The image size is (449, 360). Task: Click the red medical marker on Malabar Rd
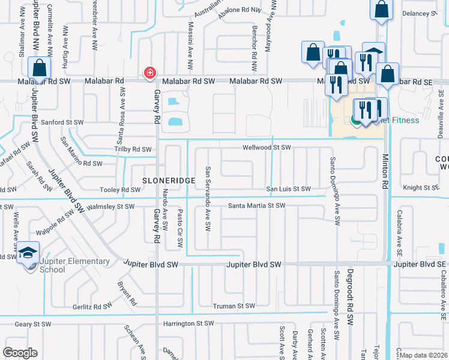(148, 73)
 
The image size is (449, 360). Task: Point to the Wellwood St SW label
(267, 148)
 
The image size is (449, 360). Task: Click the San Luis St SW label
(289, 189)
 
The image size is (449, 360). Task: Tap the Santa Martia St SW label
(256, 206)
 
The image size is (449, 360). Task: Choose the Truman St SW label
(234, 306)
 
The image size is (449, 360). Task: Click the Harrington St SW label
(188, 323)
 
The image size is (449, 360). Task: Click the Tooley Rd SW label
(122, 190)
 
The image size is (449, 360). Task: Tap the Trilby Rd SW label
(133, 149)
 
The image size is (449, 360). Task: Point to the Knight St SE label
(421, 188)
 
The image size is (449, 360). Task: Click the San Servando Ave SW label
(208, 199)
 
